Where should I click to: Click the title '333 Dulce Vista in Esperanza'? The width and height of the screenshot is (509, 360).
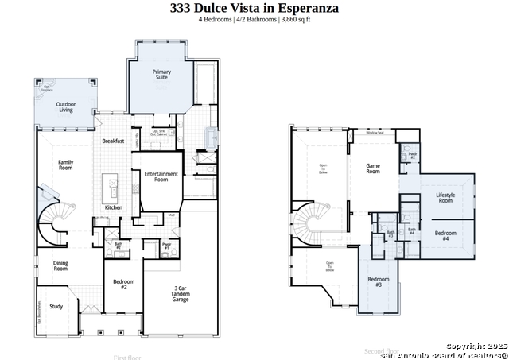pyautogui.click(x=254, y=8)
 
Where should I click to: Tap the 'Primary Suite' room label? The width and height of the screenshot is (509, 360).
pyautogui.click(x=161, y=75)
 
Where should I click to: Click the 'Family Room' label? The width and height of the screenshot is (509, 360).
pyautogui.click(x=65, y=165)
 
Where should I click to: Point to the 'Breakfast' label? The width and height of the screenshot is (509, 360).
pyautogui.click(x=113, y=141)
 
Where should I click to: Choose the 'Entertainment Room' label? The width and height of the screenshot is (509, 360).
pyautogui.click(x=161, y=176)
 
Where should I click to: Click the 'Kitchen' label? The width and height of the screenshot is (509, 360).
pyautogui.click(x=114, y=207)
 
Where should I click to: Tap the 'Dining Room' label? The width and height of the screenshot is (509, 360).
pyautogui.click(x=60, y=266)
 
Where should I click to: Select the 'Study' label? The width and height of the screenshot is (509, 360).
pyautogui.click(x=56, y=306)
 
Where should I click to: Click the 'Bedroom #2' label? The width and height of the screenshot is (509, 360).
pyautogui.click(x=123, y=284)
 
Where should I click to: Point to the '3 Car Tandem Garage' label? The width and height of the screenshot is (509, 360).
pyautogui.click(x=181, y=293)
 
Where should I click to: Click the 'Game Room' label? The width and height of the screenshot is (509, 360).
pyautogui.click(x=373, y=168)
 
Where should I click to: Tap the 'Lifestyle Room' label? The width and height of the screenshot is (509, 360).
pyautogui.click(x=445, y=197)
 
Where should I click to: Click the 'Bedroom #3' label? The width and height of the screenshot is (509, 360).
pyautogui.click(x=378, y=281)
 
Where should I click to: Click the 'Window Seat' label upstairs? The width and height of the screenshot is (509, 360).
pyautogui.click(x=375, y=133)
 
